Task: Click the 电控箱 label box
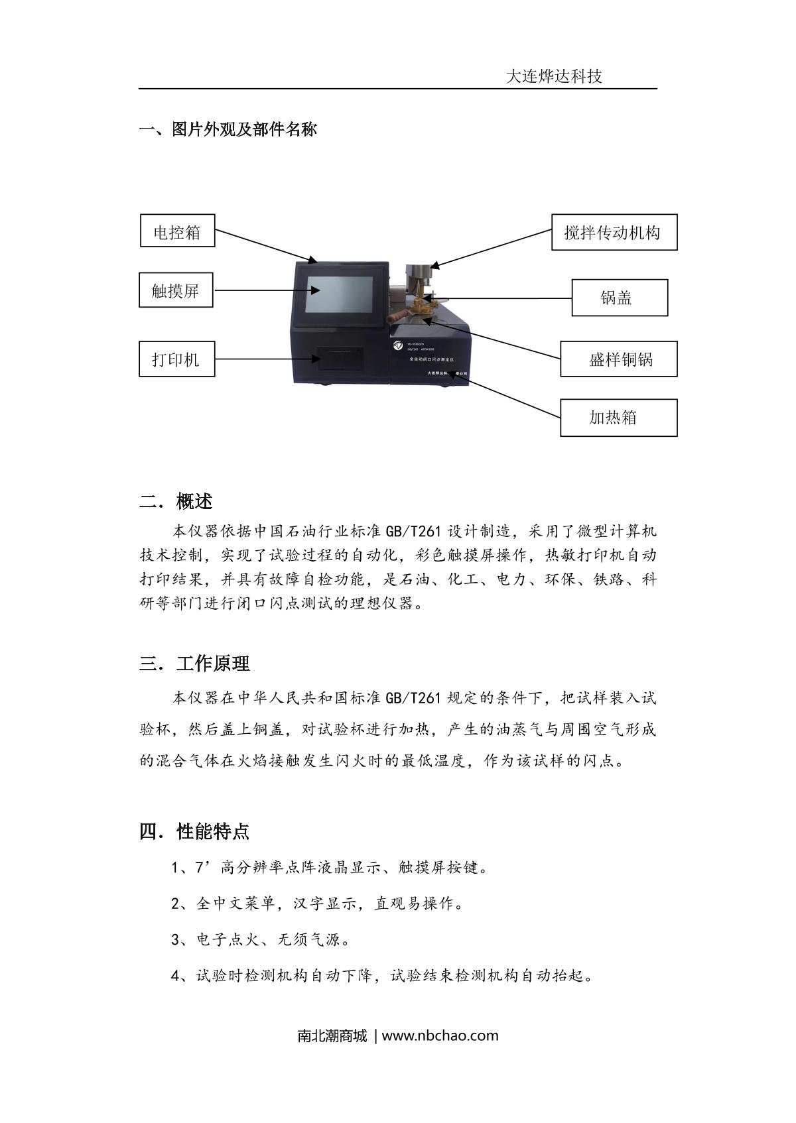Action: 177,231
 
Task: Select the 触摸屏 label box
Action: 176,290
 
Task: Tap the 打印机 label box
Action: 176,359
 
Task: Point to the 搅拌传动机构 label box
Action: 614,232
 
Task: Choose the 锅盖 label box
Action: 619,297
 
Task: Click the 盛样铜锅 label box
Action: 618,359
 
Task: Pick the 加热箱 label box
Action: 618,417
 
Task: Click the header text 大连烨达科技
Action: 554,76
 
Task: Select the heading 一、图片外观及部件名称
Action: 228,129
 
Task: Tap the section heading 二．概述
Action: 176,501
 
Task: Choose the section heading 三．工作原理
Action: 194,664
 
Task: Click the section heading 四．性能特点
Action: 194,831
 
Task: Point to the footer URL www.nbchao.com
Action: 440,1035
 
